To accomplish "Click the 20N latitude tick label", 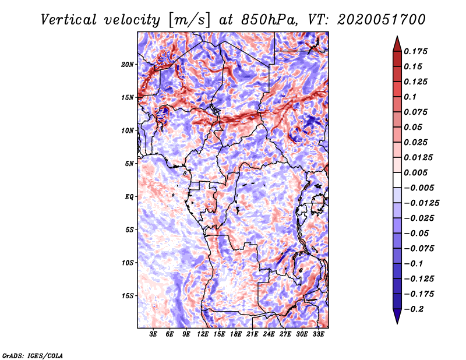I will tap(128, 64).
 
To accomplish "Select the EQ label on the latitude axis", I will tap(129, 197).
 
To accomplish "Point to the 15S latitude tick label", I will tap(128, 296).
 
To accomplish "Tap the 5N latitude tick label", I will tap(129, 164).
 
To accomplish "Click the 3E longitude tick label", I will tap(154, 335).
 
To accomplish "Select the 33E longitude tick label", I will tap(318, 335).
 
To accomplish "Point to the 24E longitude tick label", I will tap(269, 335).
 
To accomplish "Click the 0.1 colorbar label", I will tap(411, 97).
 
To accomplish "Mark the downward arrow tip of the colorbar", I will tap(396, 322).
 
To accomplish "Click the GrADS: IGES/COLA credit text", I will tap(32, 355).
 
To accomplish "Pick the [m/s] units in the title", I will tap(186, 20).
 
